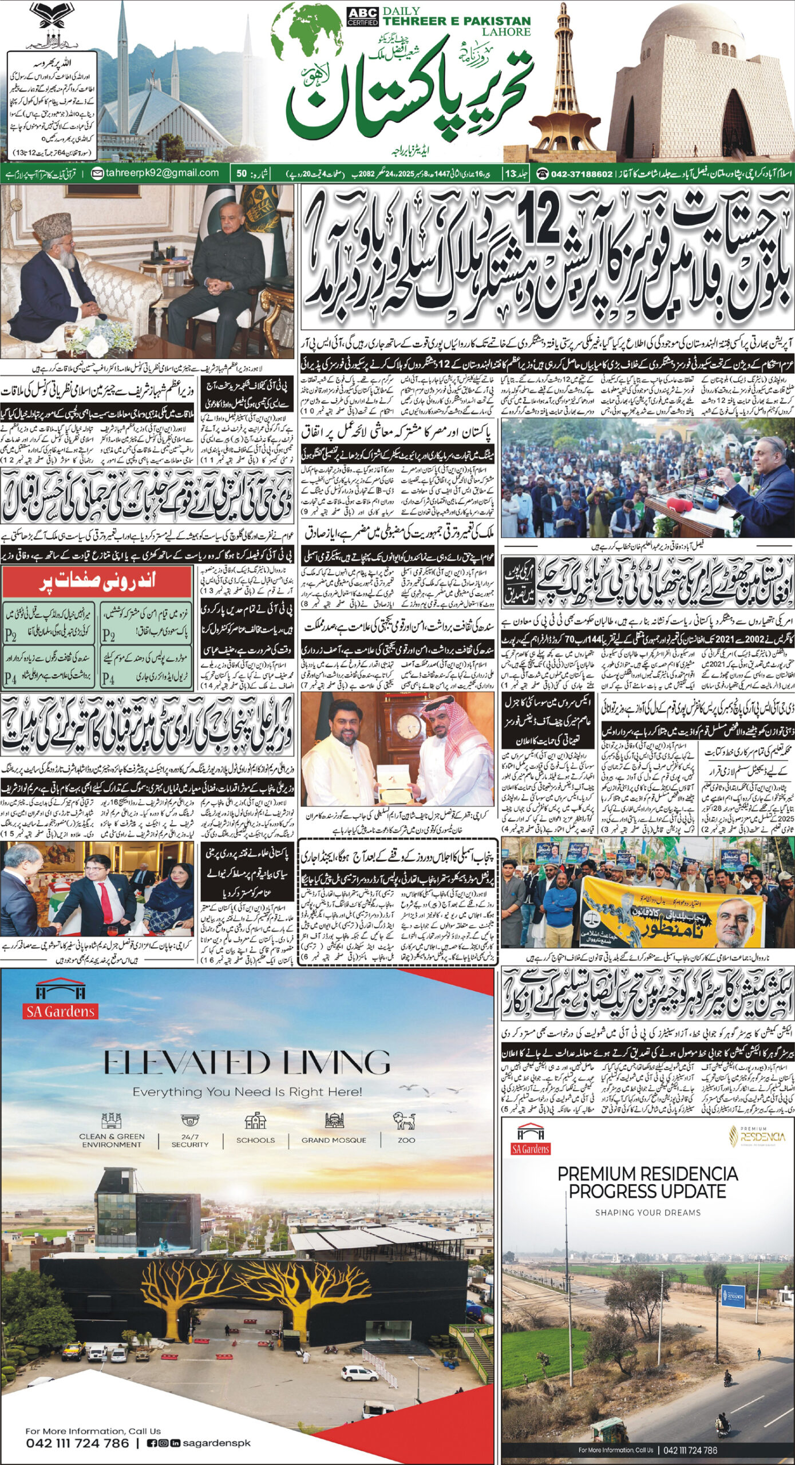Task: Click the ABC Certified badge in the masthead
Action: (x=363, y=17)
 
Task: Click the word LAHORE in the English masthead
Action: (x=506, y=32)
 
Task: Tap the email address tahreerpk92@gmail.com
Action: (x=162, y=173)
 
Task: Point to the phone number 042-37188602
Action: (x=582, y=173)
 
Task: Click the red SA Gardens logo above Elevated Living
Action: (x=60, y=1011)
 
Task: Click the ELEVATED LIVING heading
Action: (x=247, y=1064)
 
